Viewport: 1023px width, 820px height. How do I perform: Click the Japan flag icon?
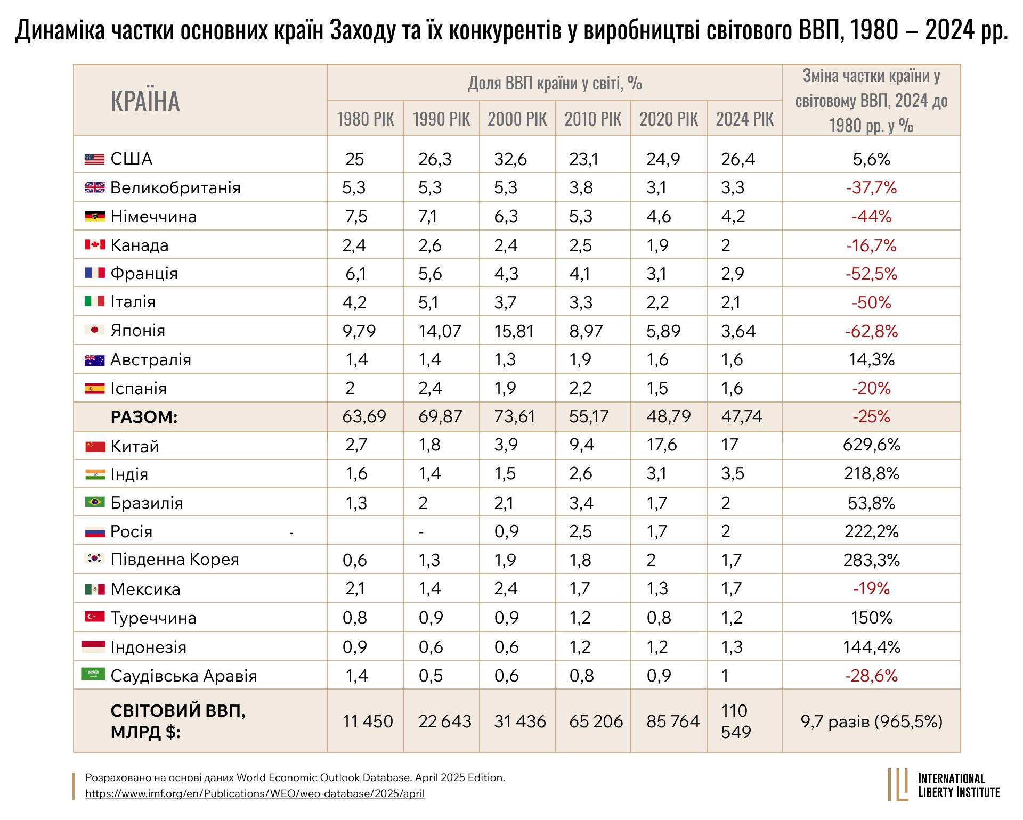coord(95,331)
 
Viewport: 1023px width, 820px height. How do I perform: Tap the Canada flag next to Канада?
coord(95,245)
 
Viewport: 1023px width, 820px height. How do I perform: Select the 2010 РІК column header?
coord(592,119)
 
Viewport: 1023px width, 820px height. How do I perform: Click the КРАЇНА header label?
coord(145,101)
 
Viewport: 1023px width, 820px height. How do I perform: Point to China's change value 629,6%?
coord(871,445)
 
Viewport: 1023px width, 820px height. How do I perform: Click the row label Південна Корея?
coord(175,560)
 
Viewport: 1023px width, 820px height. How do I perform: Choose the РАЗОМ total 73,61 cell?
coord(514,416)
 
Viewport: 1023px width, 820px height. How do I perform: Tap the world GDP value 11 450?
coord(368,721)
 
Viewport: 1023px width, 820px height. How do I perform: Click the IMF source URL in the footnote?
coord(255,794)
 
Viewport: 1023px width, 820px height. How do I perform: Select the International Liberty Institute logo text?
coord(959,785)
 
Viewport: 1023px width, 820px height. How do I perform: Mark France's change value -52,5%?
coord(871,274)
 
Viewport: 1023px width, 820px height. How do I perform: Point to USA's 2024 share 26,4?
coord(738,159)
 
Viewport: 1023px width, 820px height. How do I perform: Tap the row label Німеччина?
coord(153,217)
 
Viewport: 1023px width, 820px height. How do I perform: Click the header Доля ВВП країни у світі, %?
coord(555,84)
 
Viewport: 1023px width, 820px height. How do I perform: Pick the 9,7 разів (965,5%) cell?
coord(871,721)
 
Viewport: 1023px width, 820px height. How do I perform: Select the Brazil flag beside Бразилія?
coord(95,503)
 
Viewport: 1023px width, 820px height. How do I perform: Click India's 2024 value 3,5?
coord(732,473)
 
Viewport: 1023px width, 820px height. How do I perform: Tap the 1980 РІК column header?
coord(366,119)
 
